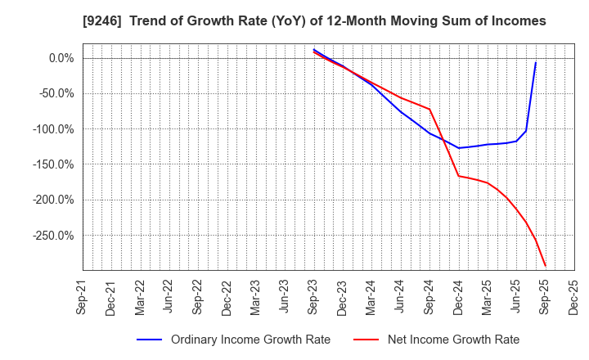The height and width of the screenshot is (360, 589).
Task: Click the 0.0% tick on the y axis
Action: tap(61, 58)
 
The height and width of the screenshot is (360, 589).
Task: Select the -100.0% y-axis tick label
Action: tap(54, 129)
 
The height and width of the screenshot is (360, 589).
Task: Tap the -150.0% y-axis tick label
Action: tap(54, 164)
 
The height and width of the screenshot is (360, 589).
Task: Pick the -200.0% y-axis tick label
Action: tap(54, 200)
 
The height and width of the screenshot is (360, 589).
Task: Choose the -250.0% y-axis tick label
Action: tap(54, 236)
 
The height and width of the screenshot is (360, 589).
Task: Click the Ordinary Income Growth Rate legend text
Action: tap(250, 340)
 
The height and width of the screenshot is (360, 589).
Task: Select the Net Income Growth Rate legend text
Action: tap(454, 340)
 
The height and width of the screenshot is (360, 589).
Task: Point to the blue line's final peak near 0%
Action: tap(536, 63)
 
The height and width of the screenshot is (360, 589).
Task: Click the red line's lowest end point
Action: tap(546, 266)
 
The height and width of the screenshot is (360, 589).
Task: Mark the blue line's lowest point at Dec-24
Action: tap(459, 148)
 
